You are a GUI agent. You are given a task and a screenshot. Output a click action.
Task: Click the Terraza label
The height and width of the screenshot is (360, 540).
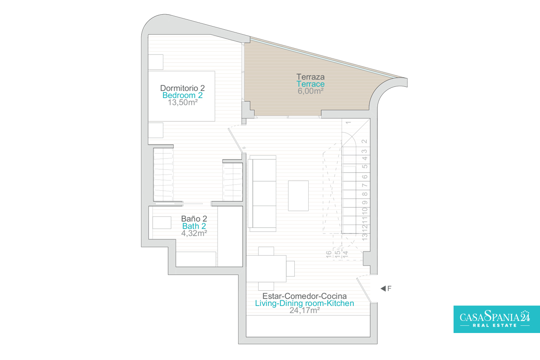[310, 77]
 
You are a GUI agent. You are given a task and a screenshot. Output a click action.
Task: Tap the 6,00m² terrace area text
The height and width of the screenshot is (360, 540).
[310, 91]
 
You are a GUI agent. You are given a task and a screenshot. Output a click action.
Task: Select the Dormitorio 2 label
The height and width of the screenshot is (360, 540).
[183, 88]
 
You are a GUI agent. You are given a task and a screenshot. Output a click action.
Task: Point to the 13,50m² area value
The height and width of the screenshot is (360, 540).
[183, 103]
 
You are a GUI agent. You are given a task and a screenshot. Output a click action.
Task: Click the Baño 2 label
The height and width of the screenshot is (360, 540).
[194, 219]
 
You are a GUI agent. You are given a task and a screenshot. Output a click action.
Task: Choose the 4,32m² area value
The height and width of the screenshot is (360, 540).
[194, 233]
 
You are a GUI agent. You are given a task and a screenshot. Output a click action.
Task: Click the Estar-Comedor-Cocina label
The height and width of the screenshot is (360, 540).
[305, 296]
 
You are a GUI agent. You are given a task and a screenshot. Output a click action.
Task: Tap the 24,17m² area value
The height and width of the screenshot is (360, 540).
[305, 310]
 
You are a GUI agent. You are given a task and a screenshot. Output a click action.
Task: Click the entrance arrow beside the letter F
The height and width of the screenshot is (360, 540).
[383, 288]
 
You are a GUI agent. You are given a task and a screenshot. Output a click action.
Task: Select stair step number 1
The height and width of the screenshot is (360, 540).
[348, 123]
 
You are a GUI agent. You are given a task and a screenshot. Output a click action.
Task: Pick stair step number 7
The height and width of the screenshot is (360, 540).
[365, 185]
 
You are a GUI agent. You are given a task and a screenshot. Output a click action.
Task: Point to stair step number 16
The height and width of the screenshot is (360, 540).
[329, 254]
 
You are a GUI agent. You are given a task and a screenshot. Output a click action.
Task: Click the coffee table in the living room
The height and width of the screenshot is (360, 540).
[298, 196]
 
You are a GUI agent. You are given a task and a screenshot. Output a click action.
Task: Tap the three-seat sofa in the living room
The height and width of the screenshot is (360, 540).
[262, 193]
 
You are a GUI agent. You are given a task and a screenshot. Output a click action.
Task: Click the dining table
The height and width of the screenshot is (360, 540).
[266, 269]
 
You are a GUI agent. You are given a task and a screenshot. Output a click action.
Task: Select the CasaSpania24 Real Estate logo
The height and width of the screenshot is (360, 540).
[497, 319]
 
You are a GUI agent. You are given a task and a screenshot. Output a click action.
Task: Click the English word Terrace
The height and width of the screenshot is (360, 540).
[310, 84]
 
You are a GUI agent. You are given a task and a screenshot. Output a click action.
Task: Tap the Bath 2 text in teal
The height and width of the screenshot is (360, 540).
[194, 226]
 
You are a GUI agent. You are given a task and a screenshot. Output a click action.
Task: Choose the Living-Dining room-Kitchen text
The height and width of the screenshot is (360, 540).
[305, 303]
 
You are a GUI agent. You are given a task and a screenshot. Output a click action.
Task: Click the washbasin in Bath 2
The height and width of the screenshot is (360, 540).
[162, 223]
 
